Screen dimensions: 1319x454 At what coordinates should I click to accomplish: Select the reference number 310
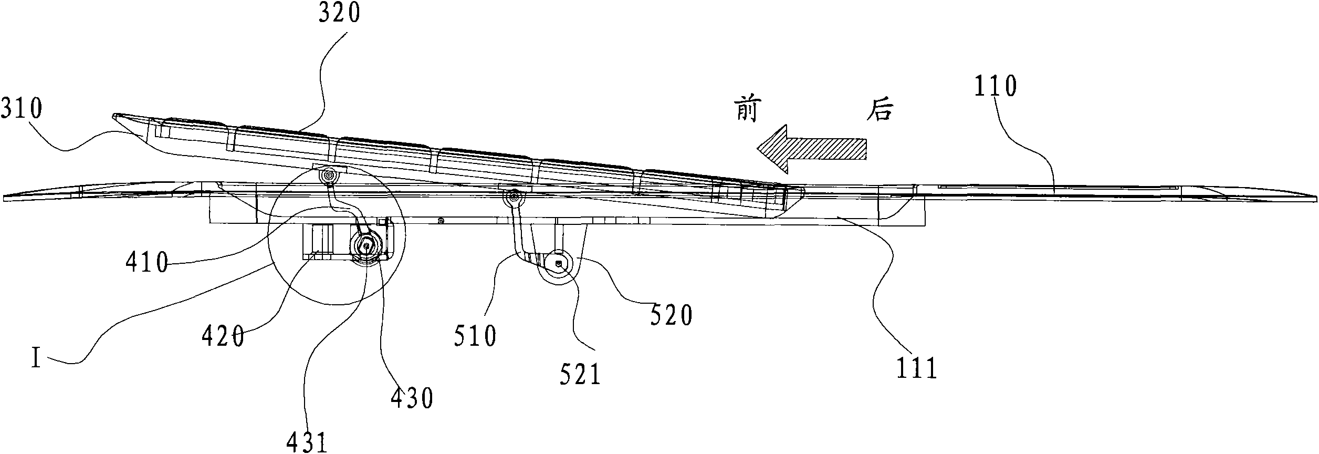[22, 110]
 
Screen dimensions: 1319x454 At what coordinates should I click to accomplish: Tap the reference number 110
[996, 87]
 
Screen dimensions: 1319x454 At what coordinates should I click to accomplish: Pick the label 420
[223, 337]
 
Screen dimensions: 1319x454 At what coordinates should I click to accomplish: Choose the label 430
[412, 399]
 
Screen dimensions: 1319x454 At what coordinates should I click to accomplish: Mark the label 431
[308, 442]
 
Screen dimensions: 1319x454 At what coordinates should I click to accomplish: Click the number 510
[475, 337]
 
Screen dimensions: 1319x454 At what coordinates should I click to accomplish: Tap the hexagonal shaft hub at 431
[365, 244]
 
